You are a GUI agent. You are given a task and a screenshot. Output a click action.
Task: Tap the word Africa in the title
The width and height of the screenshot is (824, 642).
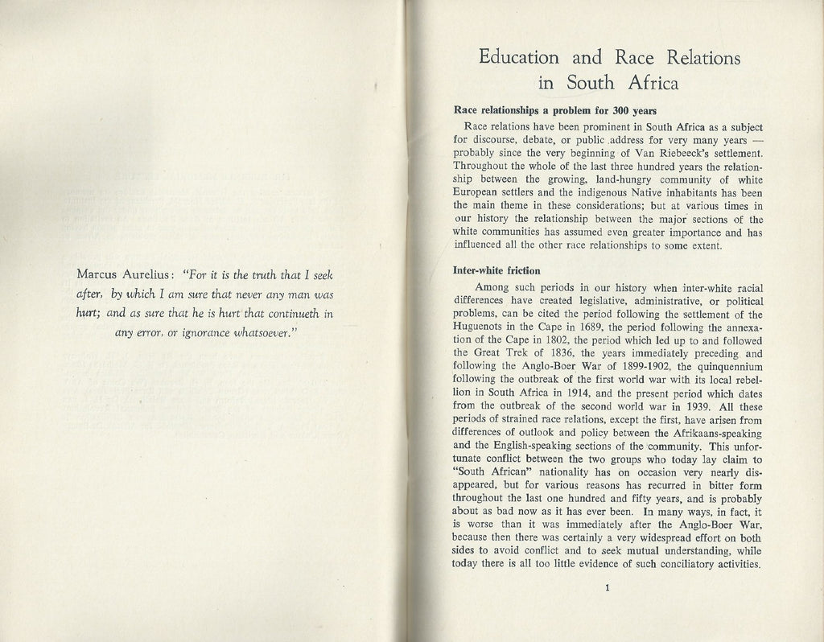click(650, 83)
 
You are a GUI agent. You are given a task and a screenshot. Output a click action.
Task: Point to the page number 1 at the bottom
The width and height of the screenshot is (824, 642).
click(608, 588)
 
